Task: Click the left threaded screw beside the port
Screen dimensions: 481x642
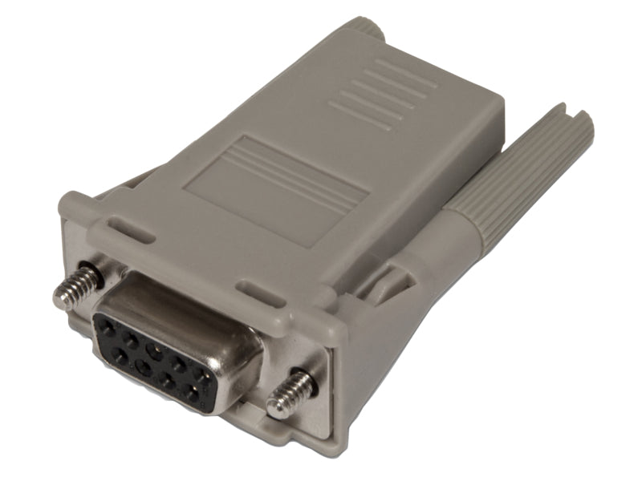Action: pos(78,287)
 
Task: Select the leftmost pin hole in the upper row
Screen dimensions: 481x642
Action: pos(105,322)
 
